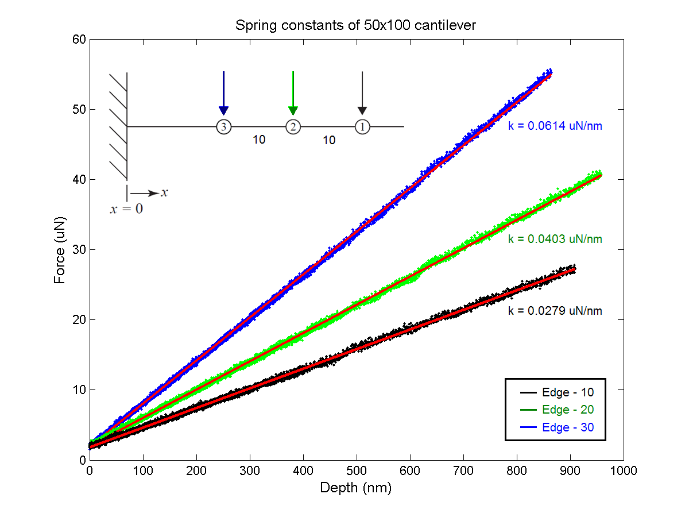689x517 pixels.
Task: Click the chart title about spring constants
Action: [x=356, y=26]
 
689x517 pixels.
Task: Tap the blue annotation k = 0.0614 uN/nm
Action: [x=555, y=126]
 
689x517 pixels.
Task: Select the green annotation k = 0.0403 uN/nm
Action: [x=555, y=239]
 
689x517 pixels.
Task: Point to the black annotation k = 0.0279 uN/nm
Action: [x=555, y=311]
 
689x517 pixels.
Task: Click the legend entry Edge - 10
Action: [x=567, y=392]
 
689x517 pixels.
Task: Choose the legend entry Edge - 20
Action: [x=567, y=410]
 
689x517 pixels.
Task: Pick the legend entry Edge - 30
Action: [x=567, y=427]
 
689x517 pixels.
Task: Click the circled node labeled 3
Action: [x=223, y=127]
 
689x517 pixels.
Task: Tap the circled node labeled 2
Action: [x=293, y=127]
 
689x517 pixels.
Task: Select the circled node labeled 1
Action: [x=362, y=127]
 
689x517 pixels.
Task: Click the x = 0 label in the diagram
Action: [x=126, y=209]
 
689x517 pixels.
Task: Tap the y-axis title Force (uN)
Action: [x=59, y=249]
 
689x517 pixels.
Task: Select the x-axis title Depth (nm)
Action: [x=356, y=488]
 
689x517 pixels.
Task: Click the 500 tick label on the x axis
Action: [x=357, y=471]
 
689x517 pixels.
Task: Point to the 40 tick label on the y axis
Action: [x=79, y=179]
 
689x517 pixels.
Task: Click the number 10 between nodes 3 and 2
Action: [x=259, y=140]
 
